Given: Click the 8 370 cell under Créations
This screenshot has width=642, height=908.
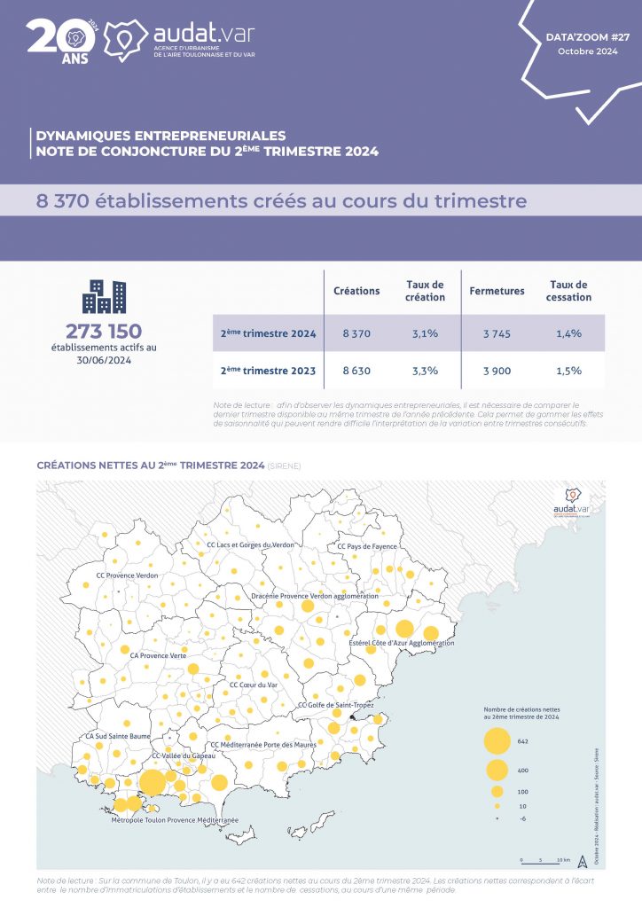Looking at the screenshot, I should click(356, 333).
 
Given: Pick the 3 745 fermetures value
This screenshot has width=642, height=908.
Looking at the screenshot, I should click(497, 333).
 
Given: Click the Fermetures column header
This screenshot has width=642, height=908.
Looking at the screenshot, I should click(497, 291).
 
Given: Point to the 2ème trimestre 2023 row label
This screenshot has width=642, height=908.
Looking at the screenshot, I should click(269, 371).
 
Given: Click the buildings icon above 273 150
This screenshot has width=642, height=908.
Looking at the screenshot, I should click(103, 297).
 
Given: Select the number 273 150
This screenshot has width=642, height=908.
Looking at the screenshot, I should click(103, 332).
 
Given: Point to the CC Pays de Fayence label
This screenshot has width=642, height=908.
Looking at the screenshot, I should click(368, 547).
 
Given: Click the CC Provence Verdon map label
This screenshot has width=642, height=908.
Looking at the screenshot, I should click(127, 575).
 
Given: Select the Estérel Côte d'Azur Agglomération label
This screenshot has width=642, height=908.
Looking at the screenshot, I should click(402, 643).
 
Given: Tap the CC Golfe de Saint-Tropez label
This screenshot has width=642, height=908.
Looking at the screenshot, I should click(336, 705).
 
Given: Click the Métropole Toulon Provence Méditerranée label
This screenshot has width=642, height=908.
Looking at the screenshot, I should click(175, 821).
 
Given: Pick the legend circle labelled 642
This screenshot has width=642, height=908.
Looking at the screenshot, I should click(497, 740).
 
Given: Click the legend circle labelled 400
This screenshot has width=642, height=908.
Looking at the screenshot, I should click(497, 770).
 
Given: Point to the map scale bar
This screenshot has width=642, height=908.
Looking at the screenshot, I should click(538, 859).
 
